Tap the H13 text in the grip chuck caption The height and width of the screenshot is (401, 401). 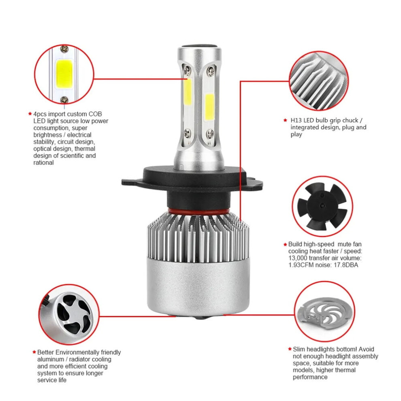coord(296,120)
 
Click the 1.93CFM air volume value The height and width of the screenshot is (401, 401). coord(301,265)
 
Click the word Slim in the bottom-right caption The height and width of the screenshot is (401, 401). coord(299,349)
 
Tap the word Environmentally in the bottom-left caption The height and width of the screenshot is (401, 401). coord(78,353)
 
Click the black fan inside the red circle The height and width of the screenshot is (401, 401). coord(322,207)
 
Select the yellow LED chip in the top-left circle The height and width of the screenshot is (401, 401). coord(64,74)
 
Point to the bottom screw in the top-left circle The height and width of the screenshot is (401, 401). coord(64,99)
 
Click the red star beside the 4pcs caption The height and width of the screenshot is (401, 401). coord(30,114)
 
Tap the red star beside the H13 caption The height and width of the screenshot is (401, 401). coord(286,120)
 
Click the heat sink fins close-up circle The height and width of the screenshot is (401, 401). coord(319,81)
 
